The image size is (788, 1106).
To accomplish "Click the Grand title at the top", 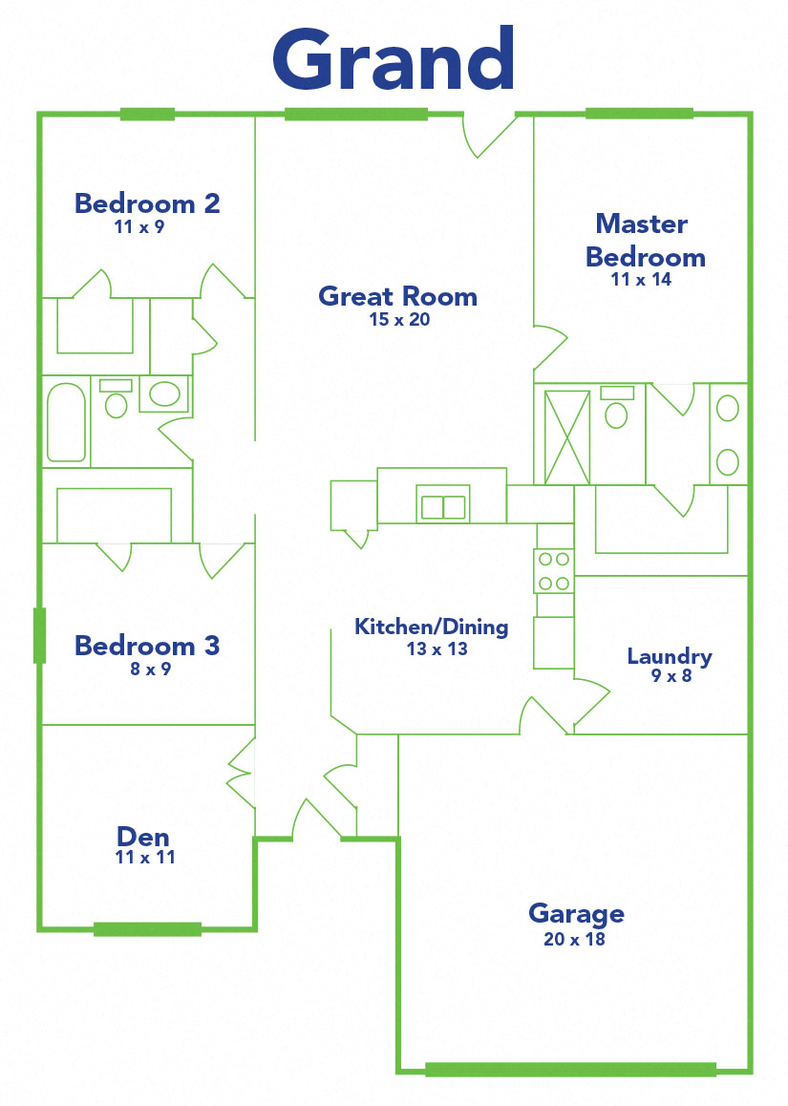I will tap(394, 59).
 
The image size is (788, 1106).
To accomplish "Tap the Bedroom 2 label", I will tap(147, 203).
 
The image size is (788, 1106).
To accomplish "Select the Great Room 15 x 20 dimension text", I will tap(399, 320).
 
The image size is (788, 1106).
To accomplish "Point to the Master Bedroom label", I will tap(644, 241).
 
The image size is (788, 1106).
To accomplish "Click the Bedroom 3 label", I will tap(147, 646).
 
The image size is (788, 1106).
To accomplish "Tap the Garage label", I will tap(576, 914).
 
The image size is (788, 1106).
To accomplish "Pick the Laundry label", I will tap(669, 656).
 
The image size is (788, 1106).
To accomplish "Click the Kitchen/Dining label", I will tap(431, 627).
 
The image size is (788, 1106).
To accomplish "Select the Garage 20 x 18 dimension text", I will tap(576, 939).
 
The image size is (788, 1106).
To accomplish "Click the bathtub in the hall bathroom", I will tap(67, 423).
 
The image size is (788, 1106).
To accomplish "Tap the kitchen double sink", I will tap(443, 507).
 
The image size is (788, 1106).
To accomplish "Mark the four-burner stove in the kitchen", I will tap(554, 571).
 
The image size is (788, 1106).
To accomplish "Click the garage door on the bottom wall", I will tap(570, 1070).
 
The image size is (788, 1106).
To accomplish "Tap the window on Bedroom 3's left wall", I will tap(39, 635).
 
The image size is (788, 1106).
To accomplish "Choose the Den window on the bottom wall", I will tap(147, 929).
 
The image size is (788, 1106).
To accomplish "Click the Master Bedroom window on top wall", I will tap(638, 114).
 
